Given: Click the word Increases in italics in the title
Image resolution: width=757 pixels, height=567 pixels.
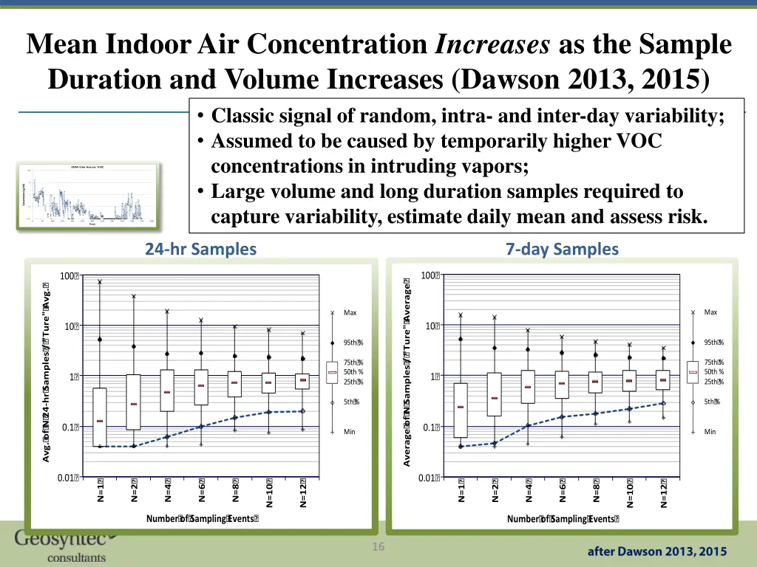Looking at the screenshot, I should click(x=492, y=45).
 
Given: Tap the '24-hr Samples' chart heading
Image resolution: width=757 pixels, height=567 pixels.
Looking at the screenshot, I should click(x=200, y=250).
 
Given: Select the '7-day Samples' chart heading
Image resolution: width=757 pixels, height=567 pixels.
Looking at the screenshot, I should click(x=562, y=250).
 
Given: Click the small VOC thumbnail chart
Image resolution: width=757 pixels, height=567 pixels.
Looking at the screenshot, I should click(x=87, y=193).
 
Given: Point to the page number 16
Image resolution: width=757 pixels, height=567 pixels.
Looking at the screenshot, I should click(x=378, y=547).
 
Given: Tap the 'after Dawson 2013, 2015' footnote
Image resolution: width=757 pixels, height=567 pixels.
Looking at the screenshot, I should click(x=657, y=551).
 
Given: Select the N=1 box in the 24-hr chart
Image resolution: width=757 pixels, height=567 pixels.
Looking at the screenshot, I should click(x=100, y=417).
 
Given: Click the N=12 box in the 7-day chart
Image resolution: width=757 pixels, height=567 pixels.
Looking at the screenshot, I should click(x=663, y=379).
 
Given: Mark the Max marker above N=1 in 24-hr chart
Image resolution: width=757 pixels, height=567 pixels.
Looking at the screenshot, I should click(x=100, y=281).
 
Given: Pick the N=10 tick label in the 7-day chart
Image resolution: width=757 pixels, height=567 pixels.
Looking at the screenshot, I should click(x=630, y=492).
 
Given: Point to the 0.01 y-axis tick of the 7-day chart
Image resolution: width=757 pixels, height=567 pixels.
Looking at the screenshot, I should click(x=430, y=478).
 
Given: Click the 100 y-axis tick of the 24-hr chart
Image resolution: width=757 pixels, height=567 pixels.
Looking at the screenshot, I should click(x=69, y=276).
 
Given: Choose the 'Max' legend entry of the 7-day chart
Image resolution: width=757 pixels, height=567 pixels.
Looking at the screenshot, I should click(x=710, y=312).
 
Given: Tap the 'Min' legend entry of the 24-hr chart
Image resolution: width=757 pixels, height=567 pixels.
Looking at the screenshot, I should click(x=350, y=431).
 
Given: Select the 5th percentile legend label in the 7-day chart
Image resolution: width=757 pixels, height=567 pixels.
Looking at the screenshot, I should click(x=712, y=402).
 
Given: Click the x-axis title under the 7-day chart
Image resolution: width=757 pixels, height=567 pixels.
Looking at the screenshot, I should click(x=563, y=519).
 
